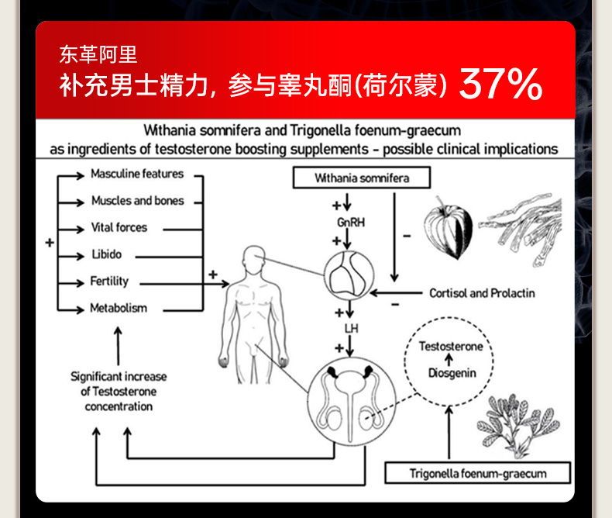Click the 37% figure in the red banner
click(x=500, y=84)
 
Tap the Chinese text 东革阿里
click(x=98, y=54)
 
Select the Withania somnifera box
click(x=362, y=178)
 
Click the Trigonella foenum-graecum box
click(x=478, y=473)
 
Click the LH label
click(x=350, y=328)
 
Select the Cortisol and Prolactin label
click(x=482, y=293)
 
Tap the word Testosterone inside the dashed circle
click(x=450, y=346)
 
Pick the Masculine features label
click(x=137, y=174)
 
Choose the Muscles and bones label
click(x=137, y=200)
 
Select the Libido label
click(x=106, y=254)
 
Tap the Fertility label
click(x=109, y=281)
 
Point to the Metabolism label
click(x=118, y=308)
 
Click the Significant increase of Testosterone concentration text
click(x=119, y=391)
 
